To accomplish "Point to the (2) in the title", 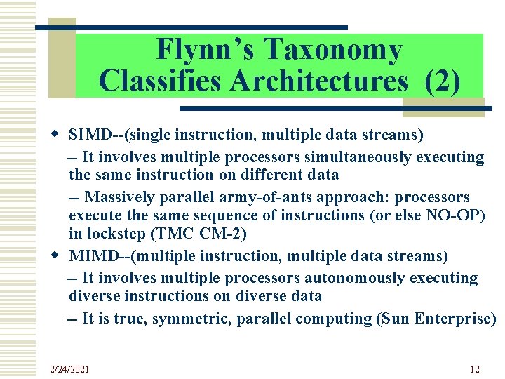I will [x=443, y=80].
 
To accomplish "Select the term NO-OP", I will [x=455, y=215].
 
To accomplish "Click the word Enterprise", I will [x=455, y=318].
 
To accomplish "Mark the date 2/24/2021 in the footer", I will [x=70, y=369].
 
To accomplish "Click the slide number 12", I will [x=475, y=369].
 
